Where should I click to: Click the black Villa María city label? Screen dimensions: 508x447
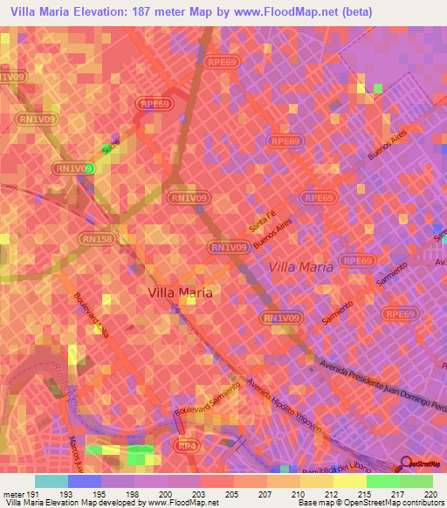(180, 293)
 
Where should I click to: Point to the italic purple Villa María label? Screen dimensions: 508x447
(300, 266)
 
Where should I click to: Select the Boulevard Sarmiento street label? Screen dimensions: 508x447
(206, 398)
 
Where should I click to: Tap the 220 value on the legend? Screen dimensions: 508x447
(429, 494)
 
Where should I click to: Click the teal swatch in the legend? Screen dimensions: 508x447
(51, 481)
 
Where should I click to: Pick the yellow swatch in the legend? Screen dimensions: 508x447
(349, 481)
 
